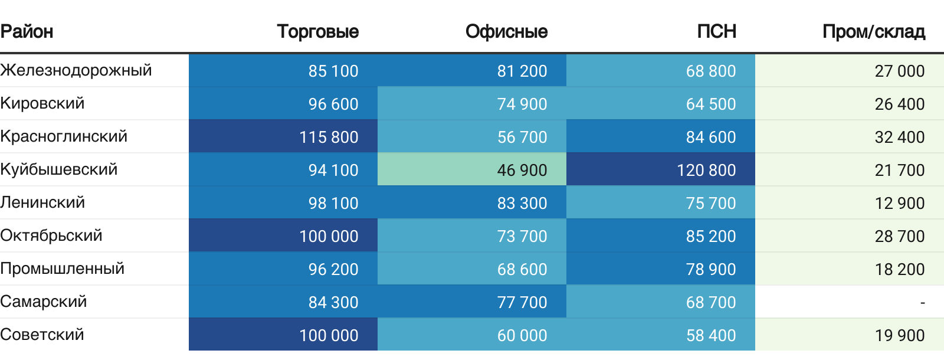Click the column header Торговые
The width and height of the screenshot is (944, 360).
click(x=317, y=31)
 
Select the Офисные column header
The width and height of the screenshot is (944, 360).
click(x=506, y=31)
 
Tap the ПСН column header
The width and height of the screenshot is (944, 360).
click(x=716, y=31)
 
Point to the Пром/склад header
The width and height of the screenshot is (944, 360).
click(x=873, y=31)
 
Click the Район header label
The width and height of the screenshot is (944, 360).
click(x=27, y=31)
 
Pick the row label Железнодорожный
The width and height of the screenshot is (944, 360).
click(x=76, y=70)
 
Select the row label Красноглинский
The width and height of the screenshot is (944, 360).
click(x=64, y=136)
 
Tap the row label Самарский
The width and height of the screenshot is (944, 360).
click(x=44, y=302)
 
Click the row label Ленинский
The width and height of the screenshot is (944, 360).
click(x=42, y=202)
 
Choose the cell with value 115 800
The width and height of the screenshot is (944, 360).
click(x=329, y=137)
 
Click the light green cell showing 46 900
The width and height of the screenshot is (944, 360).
click(x=522, y=170)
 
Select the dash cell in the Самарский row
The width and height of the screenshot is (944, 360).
click(x=922, y=302)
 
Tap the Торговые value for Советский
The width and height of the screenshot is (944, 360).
click(x=329, y=335)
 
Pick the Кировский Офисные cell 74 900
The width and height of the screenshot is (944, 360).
click(x=522, y=104)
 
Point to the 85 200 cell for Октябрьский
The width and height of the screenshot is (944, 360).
click(x=710, y=236)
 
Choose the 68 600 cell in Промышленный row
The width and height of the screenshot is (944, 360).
click(x=522, y=269)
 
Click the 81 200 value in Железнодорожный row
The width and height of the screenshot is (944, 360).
click(x=522, y=71)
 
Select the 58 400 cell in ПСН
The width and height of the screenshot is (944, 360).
click(x=710, y=335)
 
